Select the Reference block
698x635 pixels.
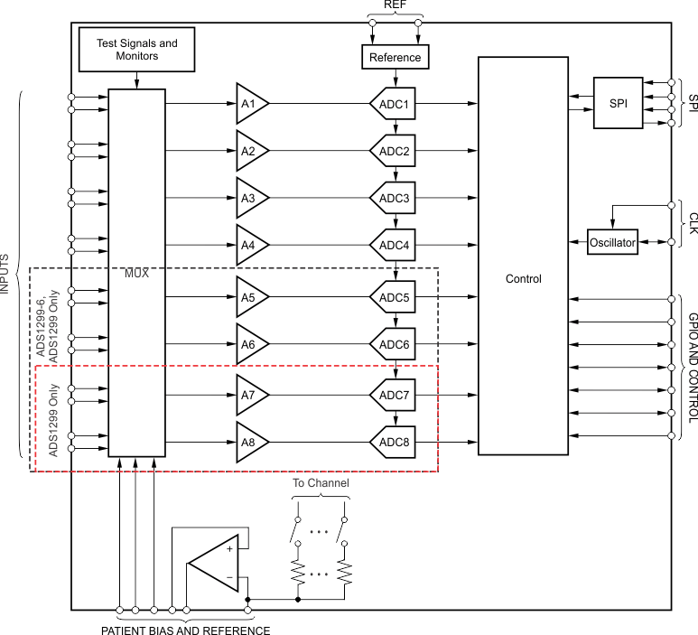point(395,57)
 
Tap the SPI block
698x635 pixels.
point(618,103)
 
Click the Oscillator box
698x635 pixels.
point(612,242)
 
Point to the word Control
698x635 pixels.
point(524,279)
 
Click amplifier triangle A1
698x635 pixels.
point(250,104)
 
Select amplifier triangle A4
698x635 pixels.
point(250,245)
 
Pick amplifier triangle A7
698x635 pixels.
point(250,395)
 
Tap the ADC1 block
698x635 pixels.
point(395,104)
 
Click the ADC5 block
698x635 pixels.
point(395,297)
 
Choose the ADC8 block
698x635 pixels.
point(395,442)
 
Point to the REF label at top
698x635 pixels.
point(395,5)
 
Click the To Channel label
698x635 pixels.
point(321,483)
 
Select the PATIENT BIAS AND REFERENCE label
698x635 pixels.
point(185,630)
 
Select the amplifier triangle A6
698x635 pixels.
point(250,344)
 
